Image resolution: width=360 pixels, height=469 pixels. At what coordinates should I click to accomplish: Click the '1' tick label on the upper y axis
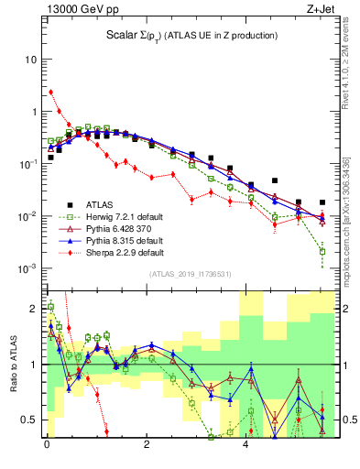[32, 112]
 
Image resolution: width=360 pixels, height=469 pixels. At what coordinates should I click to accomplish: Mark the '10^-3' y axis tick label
[27, 268]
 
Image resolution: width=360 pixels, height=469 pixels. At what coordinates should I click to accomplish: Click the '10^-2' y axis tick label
[27, 216]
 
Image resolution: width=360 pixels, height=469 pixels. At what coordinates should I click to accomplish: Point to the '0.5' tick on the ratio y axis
[28, 420]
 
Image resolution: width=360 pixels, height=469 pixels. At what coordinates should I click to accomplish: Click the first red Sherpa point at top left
[51, 92]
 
